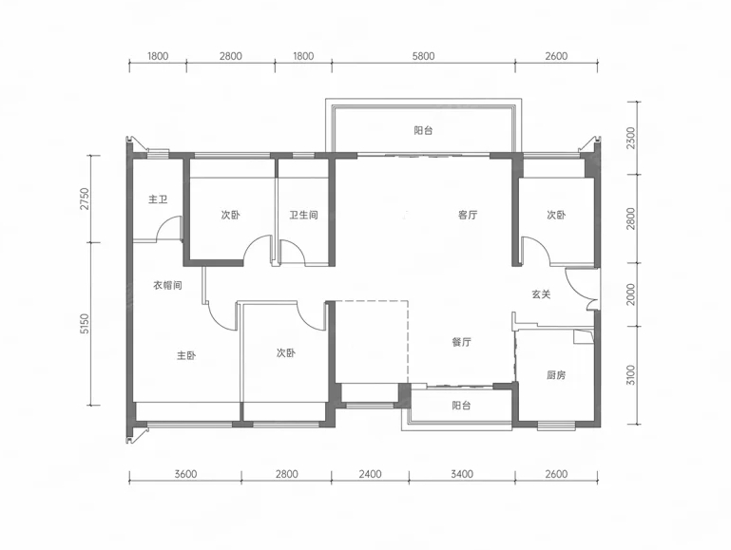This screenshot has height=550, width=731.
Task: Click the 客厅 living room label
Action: [468, 215]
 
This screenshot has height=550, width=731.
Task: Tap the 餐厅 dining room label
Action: [462, 342]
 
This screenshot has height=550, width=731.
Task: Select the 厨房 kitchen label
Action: [556, 375]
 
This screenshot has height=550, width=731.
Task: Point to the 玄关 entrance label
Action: [541, 294]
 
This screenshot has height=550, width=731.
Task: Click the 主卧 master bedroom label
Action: [186, 355]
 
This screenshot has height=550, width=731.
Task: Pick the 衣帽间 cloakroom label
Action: [167, 285]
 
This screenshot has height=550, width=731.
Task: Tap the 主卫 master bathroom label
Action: [158, 199]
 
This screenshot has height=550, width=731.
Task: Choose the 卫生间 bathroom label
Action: [303, 215]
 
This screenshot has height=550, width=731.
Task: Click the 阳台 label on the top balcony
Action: [423, 130]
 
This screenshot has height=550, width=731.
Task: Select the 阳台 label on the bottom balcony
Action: [462, 406]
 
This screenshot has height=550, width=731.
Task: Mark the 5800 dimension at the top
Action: [423, 56]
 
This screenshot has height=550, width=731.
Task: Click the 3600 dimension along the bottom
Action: [185, 474]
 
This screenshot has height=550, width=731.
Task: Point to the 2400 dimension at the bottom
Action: [370, 474]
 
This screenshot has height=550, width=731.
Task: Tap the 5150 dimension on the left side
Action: [84, 324]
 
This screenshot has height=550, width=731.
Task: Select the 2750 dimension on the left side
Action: [84, 199]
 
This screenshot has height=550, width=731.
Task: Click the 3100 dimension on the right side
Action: [631, 375]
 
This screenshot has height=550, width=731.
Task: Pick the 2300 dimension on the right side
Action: [631, 138]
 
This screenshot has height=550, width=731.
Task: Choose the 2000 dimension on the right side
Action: [631, 294]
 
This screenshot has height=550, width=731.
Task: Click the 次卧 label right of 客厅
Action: [556, 215]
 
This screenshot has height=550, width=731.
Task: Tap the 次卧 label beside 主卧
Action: [285, 353]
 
